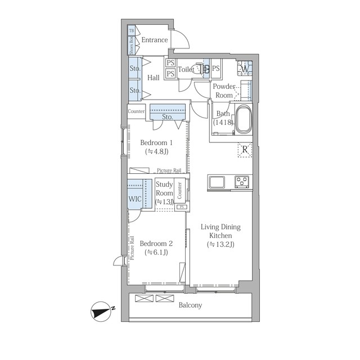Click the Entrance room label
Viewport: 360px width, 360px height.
coord(155,40)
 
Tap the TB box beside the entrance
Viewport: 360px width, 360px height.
coord(131,30)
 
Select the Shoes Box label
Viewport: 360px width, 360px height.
coord(131,46)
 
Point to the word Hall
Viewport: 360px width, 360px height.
coord(154,78)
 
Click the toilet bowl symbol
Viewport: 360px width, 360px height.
coord(196,69)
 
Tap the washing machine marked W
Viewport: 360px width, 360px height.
coord(245,68)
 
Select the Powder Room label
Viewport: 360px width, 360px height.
coord(224,91)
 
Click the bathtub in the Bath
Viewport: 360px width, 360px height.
coord(244,119)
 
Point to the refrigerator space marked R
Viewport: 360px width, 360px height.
coord(245,150)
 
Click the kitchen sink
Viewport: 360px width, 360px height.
coord(217,182)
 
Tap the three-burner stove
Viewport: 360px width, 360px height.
coord(242,182)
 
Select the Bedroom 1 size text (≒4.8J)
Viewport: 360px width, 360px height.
coord(157,151)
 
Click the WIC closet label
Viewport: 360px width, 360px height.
coord(135,199)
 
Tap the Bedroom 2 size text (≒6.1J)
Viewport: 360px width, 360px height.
coord(156,253)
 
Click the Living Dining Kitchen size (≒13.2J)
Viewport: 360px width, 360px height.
coord(220,245)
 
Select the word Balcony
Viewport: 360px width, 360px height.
coord(190,305)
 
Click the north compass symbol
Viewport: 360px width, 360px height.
coord(101,311)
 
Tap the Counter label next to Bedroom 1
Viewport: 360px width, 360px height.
coord(136,111)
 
